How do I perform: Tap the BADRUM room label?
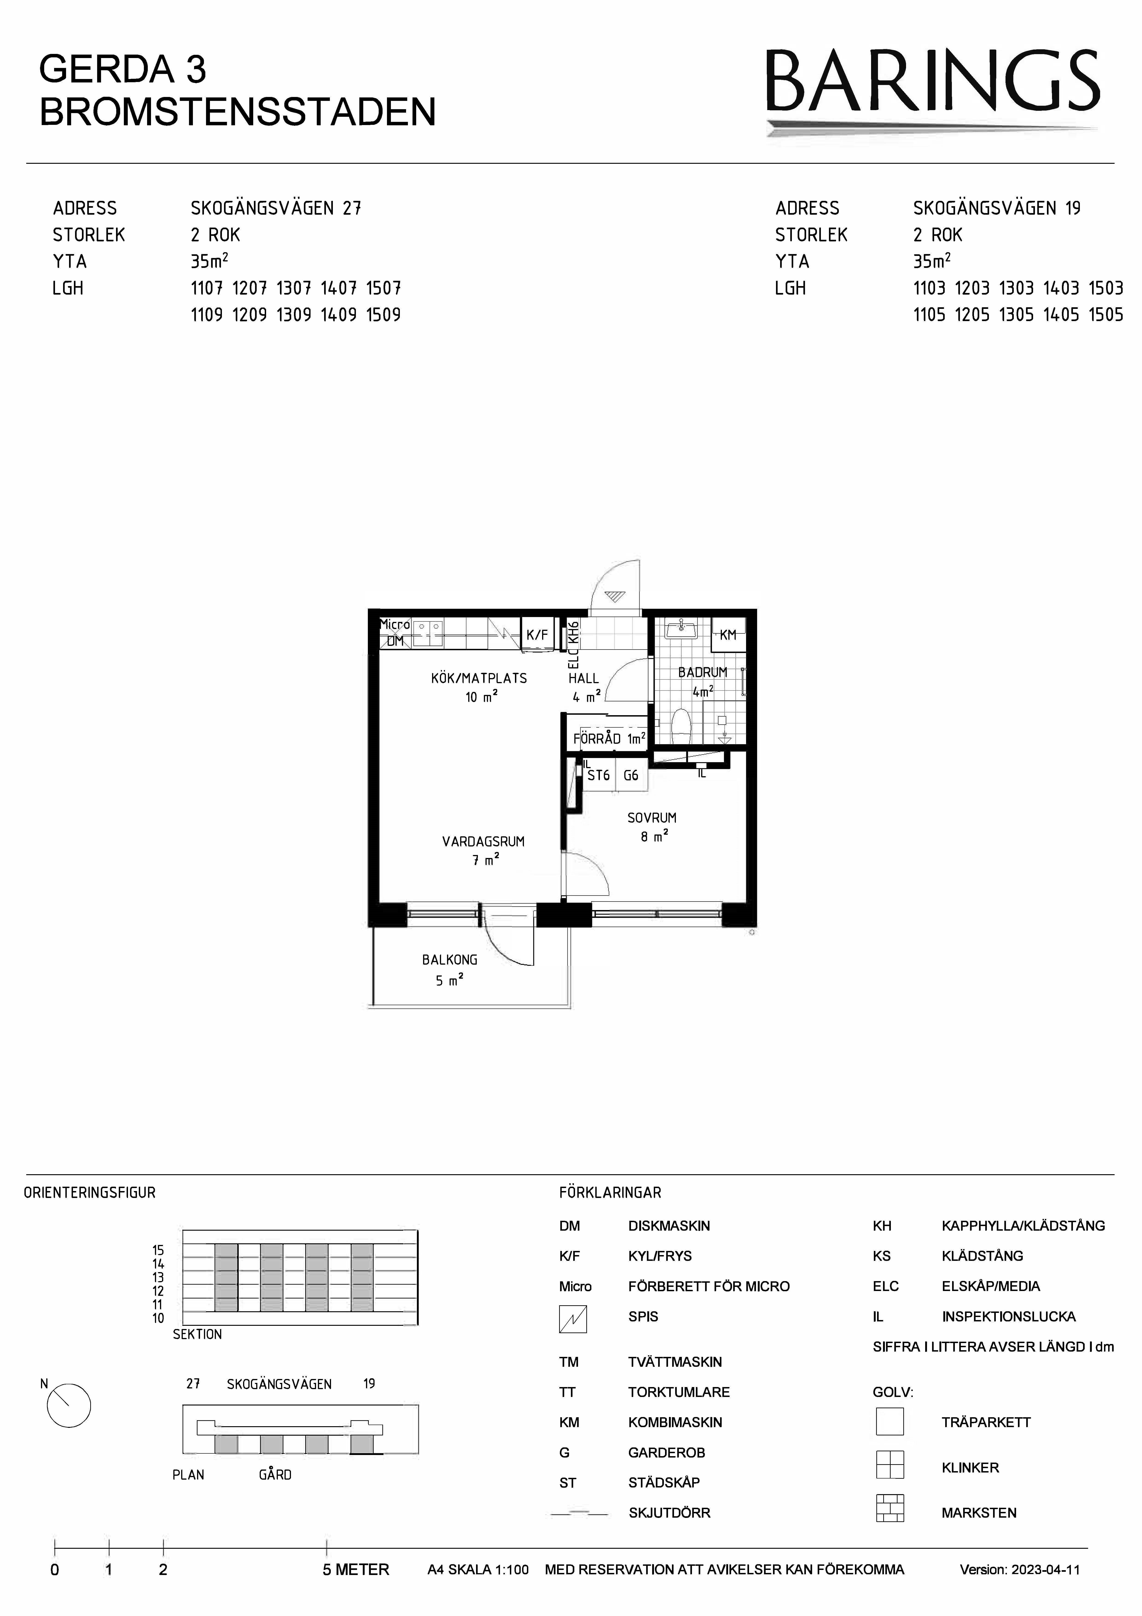click(702, 672)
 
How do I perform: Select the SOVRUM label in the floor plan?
click(651, 818)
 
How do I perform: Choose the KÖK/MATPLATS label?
click(479, 679)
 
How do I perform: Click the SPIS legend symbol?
click(573, 1319)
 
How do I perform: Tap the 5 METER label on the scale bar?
click(356, 1569)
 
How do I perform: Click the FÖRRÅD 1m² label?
click(609, 738)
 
